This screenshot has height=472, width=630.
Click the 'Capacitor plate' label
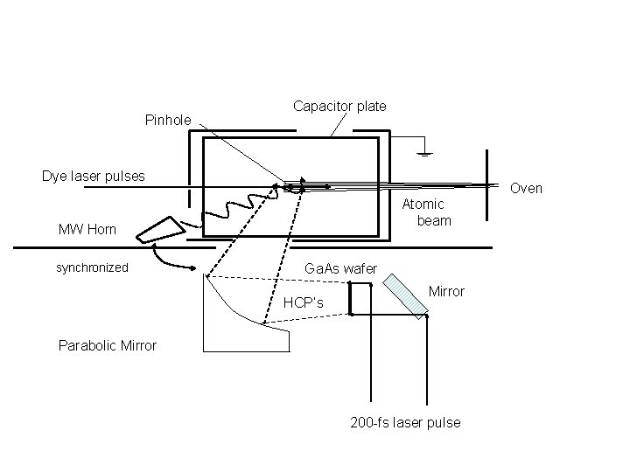(339, 107)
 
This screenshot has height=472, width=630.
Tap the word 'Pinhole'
(168, 120)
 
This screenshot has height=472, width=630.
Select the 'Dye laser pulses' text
(94, 177)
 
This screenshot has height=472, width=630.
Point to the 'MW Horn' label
(87, 230)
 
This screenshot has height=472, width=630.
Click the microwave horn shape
(161, 230)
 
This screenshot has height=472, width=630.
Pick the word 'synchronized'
(92, 267)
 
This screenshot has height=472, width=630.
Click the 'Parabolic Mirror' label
(108, 345)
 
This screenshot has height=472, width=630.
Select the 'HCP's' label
(303, 302)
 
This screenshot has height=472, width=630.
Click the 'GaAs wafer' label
(340, 268)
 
